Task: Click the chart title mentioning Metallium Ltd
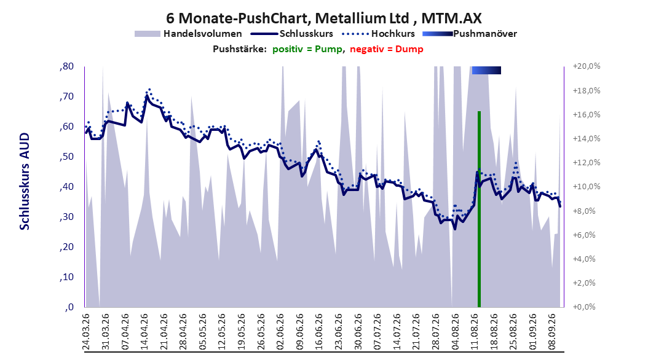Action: pos(323,18)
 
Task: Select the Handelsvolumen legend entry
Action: pos(189,34)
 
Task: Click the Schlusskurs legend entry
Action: pos(292,34)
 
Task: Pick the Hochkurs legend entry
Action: pos(379,34)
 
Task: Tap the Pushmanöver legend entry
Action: pos(470,34)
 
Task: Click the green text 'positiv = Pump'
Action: pos(307,49)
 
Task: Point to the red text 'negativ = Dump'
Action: pos(387,49)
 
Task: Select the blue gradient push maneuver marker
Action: pos(486,70)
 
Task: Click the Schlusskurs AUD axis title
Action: pos(25,181)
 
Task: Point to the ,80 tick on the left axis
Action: pos(66,66)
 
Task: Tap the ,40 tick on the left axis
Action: pos(66,187)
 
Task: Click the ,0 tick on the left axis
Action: pos(69,307)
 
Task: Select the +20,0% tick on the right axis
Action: pos(587,66)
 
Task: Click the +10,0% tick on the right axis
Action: pos(587,187)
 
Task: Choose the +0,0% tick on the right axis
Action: pos(584,307)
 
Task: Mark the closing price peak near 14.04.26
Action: pos(147,96)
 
